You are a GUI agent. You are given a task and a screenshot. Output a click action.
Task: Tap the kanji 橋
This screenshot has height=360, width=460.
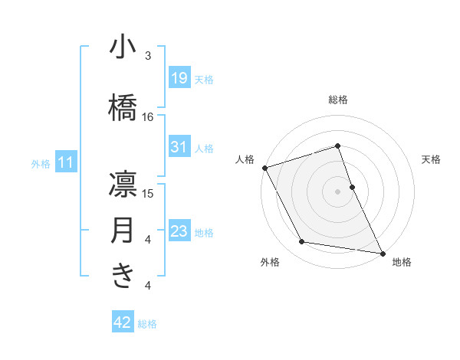[123, 108]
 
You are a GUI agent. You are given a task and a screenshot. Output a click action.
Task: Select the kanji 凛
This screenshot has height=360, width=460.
[123, 185]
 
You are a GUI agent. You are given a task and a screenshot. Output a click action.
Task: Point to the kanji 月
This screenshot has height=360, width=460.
[123, 231]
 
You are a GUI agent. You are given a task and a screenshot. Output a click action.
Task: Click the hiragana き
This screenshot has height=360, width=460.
[123, 276]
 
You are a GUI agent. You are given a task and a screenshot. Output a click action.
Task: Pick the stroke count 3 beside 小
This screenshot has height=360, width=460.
[148, 56]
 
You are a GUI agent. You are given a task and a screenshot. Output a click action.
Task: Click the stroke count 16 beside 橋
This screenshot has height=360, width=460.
[148, 117]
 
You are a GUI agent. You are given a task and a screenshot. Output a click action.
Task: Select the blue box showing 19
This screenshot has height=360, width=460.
[179, 78]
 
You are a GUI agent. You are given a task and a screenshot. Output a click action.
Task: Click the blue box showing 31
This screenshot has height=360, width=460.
[179, 147]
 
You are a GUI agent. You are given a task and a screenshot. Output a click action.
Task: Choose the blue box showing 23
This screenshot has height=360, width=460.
[179, 231]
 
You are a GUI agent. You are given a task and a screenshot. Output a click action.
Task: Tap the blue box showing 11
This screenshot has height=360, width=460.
[65, 162]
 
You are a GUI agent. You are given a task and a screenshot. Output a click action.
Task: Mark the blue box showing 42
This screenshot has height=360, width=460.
[122, 323]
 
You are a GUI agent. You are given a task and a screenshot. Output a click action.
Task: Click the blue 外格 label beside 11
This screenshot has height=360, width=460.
[41, 163]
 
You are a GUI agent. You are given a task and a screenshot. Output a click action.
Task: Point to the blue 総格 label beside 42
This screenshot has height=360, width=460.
[147, 324]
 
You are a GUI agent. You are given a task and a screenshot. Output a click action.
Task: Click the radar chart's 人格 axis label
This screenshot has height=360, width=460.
[245, 159]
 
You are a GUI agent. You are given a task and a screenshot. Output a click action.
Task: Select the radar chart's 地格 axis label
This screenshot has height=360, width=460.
[402, 263]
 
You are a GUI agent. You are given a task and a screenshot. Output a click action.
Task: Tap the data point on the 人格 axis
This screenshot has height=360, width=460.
[264, 168]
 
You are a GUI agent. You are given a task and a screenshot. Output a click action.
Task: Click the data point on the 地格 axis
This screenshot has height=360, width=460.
[381, 252]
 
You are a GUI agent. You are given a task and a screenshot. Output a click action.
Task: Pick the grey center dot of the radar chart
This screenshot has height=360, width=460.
[337, 191]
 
